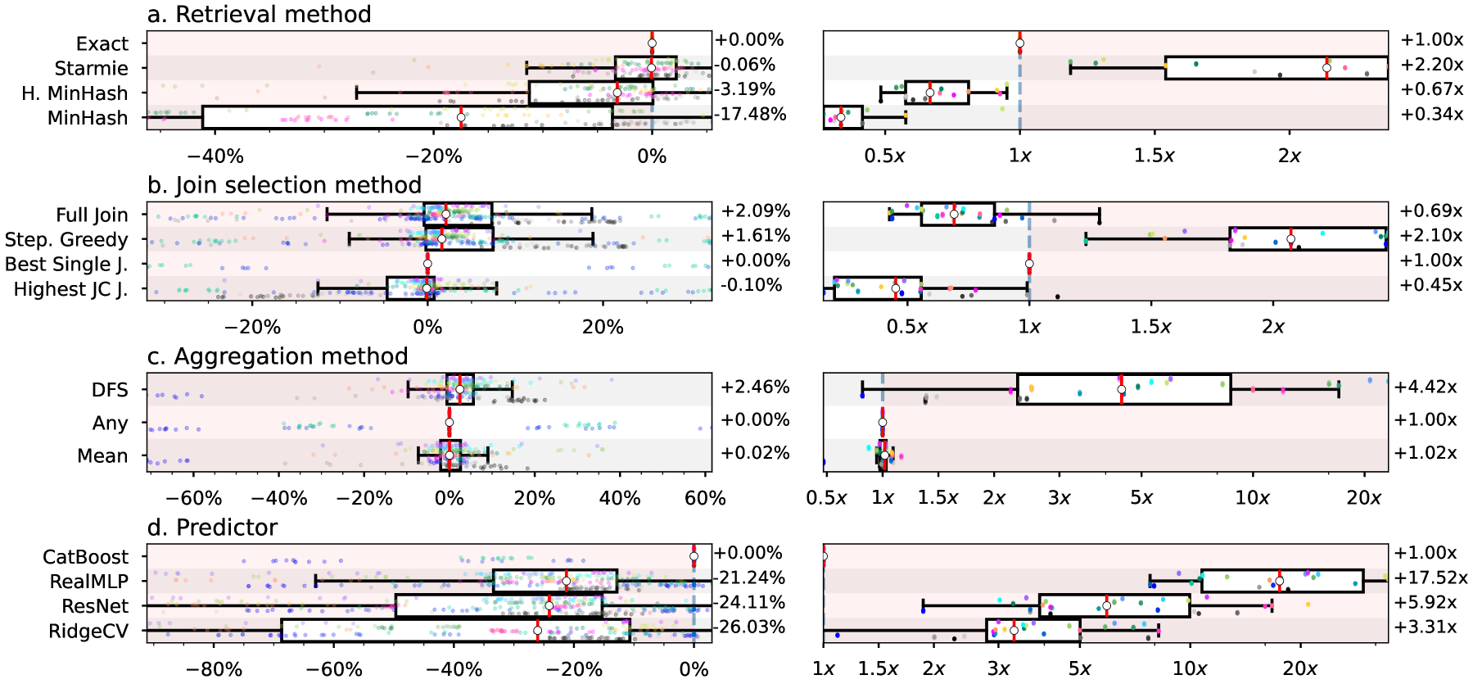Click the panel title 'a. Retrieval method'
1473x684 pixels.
[259, 14]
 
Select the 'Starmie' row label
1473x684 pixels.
[91, 69]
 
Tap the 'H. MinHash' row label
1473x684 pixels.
[75, 93]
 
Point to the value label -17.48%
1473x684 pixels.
[751, 114]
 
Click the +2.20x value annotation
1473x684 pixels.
[1431, 65]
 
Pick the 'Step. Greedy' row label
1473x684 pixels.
[66, 240]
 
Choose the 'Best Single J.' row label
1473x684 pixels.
[66, 265]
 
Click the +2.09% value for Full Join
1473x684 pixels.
[755, 211]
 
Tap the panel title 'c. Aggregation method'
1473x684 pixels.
[278, 356]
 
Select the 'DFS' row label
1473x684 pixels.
[110, 390]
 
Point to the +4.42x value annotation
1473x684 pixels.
[1426, 387]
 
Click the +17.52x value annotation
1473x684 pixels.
[1431, 578]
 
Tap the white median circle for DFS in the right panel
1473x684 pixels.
[1122, 390]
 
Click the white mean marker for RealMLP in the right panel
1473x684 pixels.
[1279, 582]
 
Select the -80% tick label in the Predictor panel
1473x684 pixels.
[214, 669]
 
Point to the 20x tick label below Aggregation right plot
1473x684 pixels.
[1363, 498]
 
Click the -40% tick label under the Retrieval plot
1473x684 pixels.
[215, 156]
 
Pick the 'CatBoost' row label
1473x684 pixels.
[85, 557]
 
